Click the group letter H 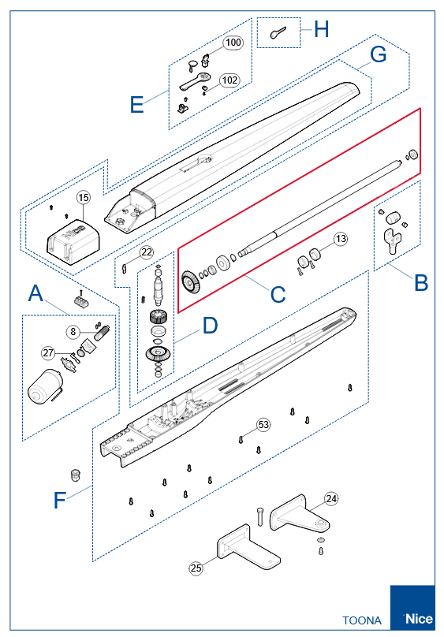point(321,30)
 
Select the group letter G point(378,54)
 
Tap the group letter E point(137,104)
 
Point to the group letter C point(278,294)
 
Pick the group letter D point(210,326)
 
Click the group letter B point(421,282)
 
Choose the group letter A point(35,293)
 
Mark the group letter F point(60,500)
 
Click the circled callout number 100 point(233,43)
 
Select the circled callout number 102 point(230,80)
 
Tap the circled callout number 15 point(84,197)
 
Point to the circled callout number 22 point(147,252)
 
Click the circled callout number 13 point(341,238)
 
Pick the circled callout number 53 point(263,424)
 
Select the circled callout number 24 point(331,498)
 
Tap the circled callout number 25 point(196,568)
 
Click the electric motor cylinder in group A point(45,387)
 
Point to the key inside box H point(278,32)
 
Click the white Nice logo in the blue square point(420,619)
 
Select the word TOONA point(362,620)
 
